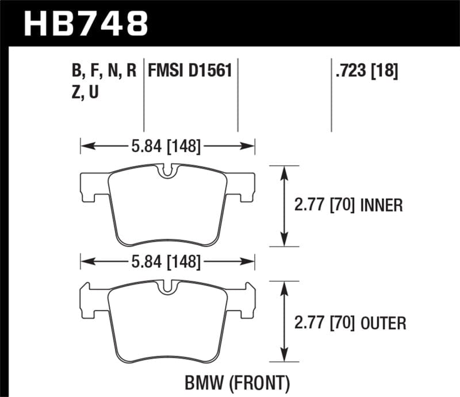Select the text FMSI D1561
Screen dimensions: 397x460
pyautogui.click(x=190, y=71)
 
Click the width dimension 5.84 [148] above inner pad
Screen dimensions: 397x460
pyautogui.click(x=167, y=147)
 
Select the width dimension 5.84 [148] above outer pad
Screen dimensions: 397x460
pyautogui.click(x=167, y=263)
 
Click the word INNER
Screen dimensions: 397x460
pyautogui.click(x=381, y=206)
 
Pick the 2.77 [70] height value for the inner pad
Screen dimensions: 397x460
pyautogui.click(x=325, y=206)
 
